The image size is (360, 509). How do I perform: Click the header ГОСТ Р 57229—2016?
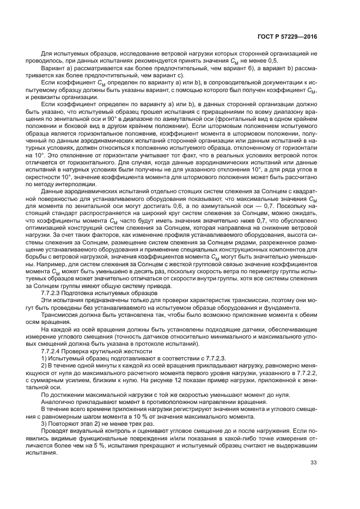pyautogui.click(x=288, y=36)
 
